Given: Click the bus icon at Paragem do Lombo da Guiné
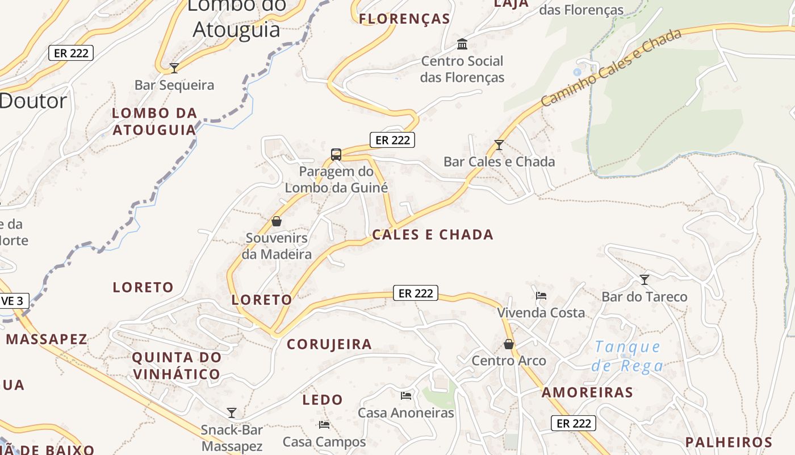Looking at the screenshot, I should pyautogui.click(x=336, y=154).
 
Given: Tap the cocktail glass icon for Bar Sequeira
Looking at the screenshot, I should pyautogui.click(x=174, y=68).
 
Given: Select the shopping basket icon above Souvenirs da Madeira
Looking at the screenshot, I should pyautogui.click(x=277, y=221).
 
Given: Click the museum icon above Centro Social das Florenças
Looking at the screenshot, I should pyautogui.click(x=462, y=44).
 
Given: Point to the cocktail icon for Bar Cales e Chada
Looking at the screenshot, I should pyautogui.click(x=499, y=145).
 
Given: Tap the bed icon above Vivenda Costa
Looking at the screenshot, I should pyautogui.click(x=541, y=296).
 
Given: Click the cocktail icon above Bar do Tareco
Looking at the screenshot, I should pyautogui.click(x=644, y=280).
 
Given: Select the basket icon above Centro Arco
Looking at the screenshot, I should pyautogui.click(x=509, y=344).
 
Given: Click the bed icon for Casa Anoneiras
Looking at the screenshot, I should pyautogui.click(x=405, y=396).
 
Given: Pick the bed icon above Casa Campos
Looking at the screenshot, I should pyautogui.click(x=324, y=425).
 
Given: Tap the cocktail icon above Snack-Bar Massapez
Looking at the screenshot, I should pyautogui.click(x=231, y=412).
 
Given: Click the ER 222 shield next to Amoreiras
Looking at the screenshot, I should pyautogui.click(x=574, y=423).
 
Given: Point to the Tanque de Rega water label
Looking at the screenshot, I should pyautogui.click(x=627, y=356).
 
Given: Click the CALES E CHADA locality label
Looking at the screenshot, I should pyautogui.click(x=433, y=235).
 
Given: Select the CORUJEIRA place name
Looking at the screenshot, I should pyautogui.click(x=329, y=344).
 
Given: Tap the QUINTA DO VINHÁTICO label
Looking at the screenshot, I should pyautogui.click(x=177, y=366).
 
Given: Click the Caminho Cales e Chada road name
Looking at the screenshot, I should pyautogui.click(x=611, y=68).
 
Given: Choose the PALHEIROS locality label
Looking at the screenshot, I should pyautogui.click(x=729, y=442).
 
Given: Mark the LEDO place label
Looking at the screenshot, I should pyautogui.click(x=323, y=400).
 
